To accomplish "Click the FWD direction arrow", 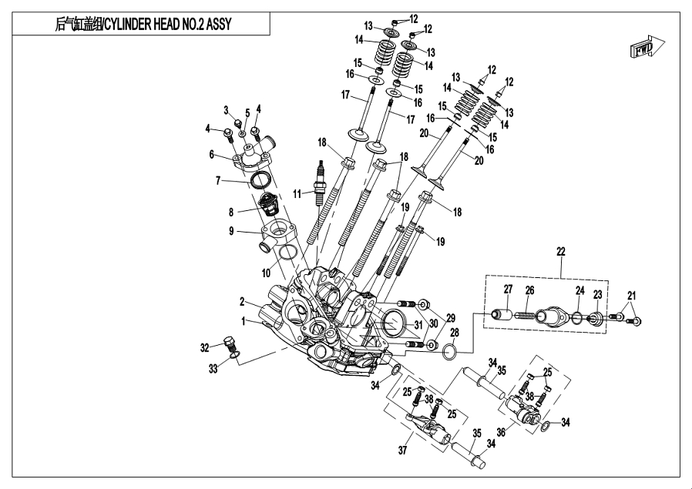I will pos(643,49).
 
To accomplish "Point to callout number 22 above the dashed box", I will pos(561,252).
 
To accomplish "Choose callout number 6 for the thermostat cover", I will pos(211,155).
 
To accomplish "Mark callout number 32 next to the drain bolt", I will pos(204,348).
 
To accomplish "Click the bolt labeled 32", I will pos(228,343).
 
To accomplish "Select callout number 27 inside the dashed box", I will pos(508,290).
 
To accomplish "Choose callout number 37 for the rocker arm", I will pos(401,450).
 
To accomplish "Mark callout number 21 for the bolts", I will pos(632,296).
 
